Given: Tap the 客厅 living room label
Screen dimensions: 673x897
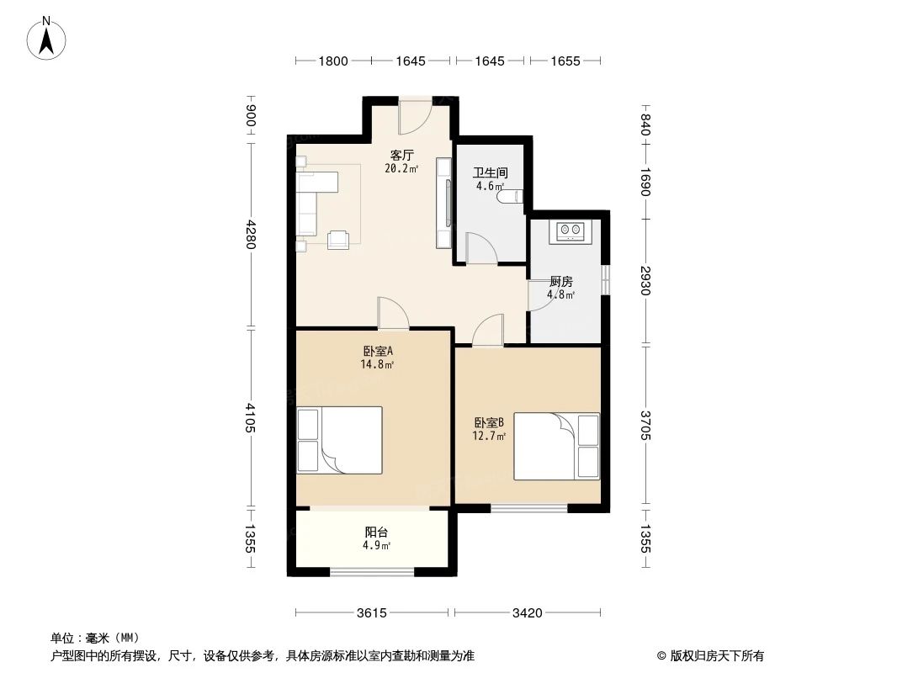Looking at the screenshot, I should (x=401, y=155).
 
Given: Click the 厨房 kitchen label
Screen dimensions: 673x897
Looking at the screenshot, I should (x=561, y=281).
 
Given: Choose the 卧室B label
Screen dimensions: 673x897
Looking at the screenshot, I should (x=489, y=422).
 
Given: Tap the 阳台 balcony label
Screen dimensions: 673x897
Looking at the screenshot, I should (x=376, y=532).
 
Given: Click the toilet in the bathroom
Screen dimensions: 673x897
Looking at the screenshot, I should (x=511, y=197).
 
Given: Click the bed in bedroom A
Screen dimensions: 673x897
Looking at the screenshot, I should (x=339, y=440).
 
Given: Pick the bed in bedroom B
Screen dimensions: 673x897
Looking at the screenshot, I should (x=556, y=446).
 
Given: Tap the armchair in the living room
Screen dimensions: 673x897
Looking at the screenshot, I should (x=338, y=239).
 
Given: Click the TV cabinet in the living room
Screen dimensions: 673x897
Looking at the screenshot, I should (x=443, y=202).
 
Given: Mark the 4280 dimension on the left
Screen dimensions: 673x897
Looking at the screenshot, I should (x=250, y=234).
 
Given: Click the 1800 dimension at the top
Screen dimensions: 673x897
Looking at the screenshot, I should (x=332, y=61).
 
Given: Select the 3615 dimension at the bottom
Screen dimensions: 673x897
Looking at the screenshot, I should (x=370, y=612).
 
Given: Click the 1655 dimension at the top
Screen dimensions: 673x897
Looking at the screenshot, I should (x=566, y=61).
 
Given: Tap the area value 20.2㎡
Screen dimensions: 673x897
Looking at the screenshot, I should (x=401, y=168).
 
